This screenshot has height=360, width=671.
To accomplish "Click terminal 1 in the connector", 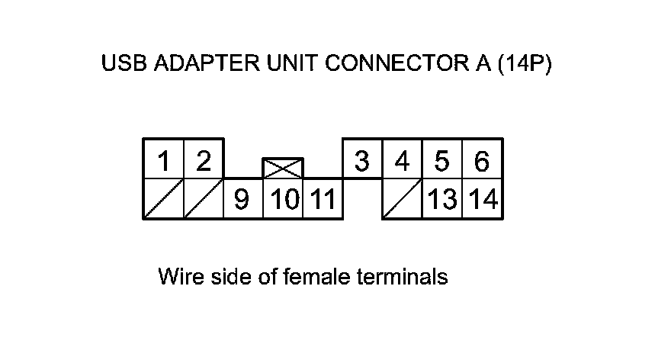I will point(163,161).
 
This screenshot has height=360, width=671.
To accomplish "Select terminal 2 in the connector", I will point(204,161).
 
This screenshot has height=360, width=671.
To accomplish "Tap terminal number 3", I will point(363,161).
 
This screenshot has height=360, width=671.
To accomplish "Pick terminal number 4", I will point(403,161).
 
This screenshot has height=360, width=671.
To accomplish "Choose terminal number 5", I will point(442,161).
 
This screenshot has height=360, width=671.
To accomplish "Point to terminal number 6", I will point(482,161).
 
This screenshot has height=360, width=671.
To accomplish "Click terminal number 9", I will point(242,200).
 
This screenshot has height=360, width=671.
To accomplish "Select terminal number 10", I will point(283,200).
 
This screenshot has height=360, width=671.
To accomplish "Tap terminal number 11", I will point(323,200).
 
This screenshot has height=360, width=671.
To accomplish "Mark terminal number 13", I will point(442,200).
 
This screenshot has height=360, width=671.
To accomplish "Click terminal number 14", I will point(483,200).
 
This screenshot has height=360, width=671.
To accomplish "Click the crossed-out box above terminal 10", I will point(283,169).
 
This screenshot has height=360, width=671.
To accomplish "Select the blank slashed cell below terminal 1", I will point(163,200).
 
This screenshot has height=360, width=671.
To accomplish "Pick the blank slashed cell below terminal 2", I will point(204,200).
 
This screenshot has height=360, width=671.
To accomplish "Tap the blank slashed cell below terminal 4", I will point(403,200).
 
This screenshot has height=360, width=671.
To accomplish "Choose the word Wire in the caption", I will point(176,276).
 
